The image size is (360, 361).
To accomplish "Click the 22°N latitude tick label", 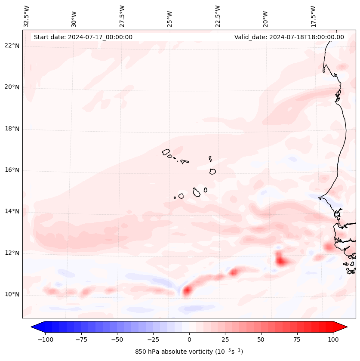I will pos(12,46).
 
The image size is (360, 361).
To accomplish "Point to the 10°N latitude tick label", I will pos(12,295).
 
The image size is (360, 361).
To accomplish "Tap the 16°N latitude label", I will pos(12,170).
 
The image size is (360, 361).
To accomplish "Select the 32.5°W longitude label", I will pos(27,16).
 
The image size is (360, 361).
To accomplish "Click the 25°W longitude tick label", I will pos(170,16).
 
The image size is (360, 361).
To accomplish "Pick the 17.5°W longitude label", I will pos(313,16).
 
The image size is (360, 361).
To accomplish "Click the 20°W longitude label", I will pos(265,16).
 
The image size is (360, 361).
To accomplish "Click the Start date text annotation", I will pos(83,37).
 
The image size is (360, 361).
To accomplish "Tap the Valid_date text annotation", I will pos(289,37).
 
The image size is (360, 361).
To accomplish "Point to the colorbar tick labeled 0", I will pos(189,339).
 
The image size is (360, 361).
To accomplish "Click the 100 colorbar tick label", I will pos(333,339).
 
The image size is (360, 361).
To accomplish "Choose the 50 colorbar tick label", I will pos(261,339).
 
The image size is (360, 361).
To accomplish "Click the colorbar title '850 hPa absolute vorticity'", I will pos(189,352).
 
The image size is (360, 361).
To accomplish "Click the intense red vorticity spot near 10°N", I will pos(187,291).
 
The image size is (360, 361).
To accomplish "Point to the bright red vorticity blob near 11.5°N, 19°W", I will pos(281,261).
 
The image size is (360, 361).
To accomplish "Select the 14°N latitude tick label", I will pos(12,212).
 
